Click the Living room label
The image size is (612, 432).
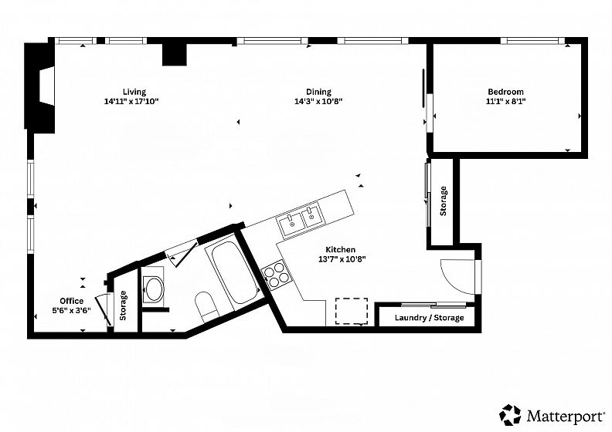coord(134,92)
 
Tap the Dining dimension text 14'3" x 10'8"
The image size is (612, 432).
coord(318,102)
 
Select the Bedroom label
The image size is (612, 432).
coord(505,92)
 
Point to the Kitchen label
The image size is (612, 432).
coord(340,250)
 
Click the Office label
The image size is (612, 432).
coord(71,301)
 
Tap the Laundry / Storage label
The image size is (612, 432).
coord(430,318)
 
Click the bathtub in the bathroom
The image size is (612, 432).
coord(235,273)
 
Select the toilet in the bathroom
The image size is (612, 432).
coord(205,305)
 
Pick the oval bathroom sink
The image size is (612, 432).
coord(152,289)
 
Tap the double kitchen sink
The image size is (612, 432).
coord(301,220)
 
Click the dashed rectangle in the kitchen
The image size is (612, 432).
coord(352,311)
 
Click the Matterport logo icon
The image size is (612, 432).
coord(510,415)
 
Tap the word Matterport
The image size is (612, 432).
coord(564,417)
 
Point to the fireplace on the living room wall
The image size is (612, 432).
coord(40,86)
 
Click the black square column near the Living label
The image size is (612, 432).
coord(175,54)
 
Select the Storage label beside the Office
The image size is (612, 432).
coord(123,305)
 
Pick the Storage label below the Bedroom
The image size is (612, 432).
coord(443,201)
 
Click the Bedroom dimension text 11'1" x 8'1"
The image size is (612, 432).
coord(505,102)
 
